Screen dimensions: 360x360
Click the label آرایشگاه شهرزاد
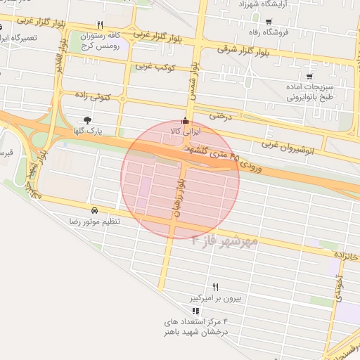[x=264, y=4]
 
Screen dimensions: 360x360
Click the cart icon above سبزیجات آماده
[x=309, y=76]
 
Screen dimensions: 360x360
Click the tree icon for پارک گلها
[x=86, y=120]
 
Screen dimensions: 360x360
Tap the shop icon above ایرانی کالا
[x=186, y=120]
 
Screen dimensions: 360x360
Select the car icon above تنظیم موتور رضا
[x=94, y=210]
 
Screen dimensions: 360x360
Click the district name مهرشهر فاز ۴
[x=224, y=243]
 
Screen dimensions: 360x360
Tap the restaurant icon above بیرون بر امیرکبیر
[x=215, y=287]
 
